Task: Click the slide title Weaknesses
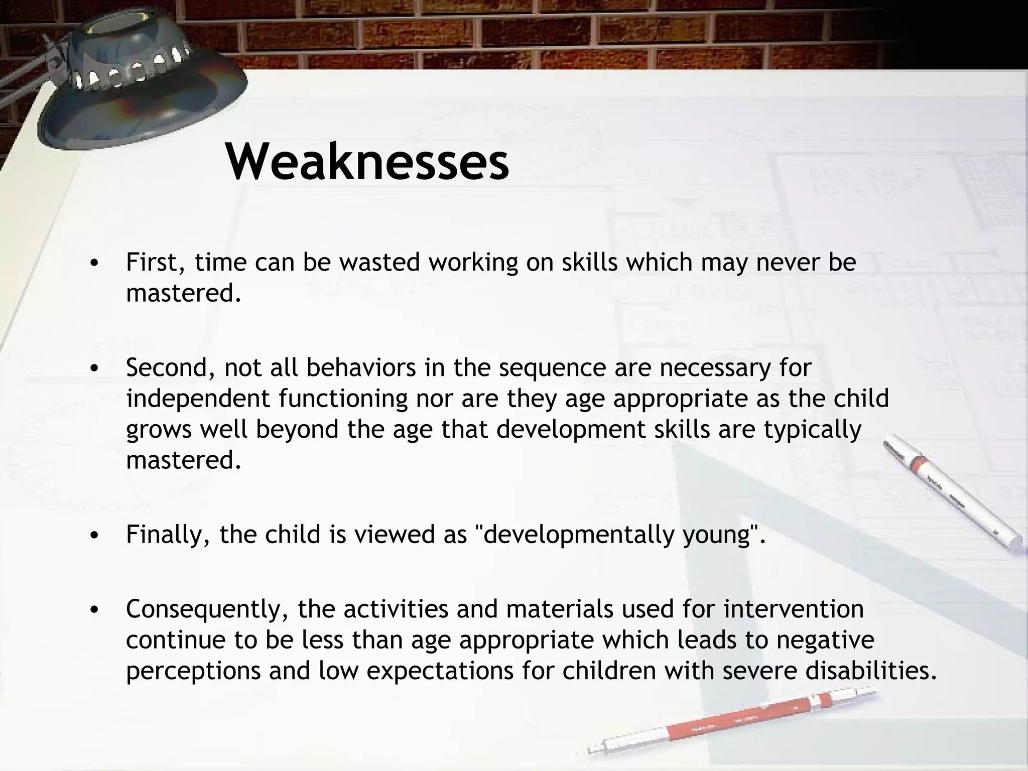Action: pyautogui.click(x=367, y=162)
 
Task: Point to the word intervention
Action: pyautogui.click(x=793, y=609)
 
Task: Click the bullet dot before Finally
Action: pyautogui.click(x=93, y=536)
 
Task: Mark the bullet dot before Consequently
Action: pyautogui.click(x=93, y=610)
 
